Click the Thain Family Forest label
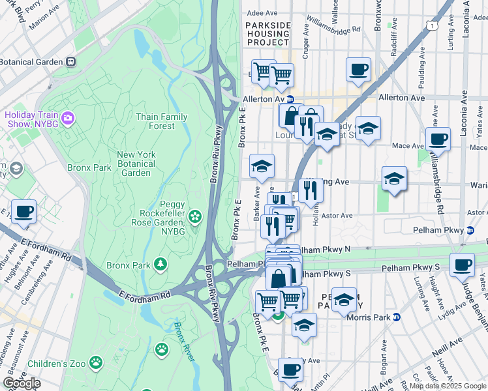(161, 122)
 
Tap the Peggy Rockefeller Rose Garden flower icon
(194, 216)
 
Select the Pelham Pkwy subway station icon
(470, 230)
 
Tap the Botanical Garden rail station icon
(70, 62)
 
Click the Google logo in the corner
(21, 383)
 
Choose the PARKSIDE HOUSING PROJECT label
(267, 33)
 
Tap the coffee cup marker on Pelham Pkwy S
(462, 265)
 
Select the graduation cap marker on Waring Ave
(394, 178)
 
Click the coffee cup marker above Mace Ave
(438, 138)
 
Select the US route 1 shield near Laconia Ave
(431, 24)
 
